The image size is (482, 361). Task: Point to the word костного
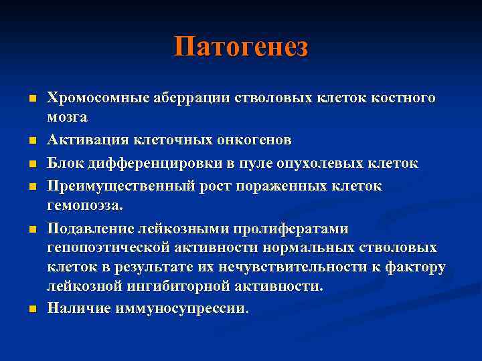(402, 98)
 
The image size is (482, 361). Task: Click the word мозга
(67, 117)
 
